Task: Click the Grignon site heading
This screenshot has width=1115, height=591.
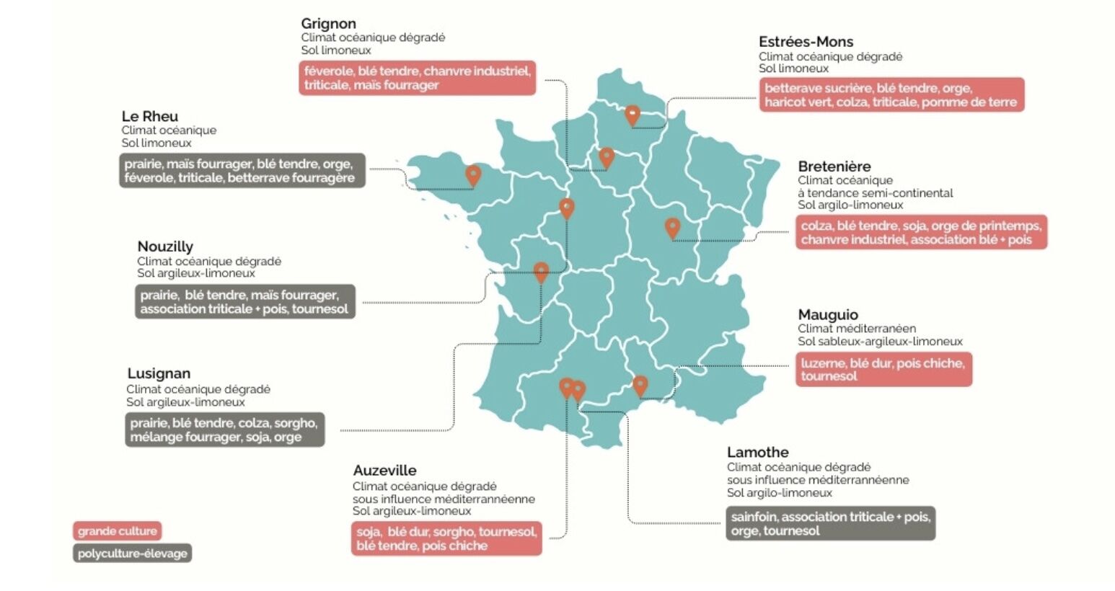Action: tap(328, 24)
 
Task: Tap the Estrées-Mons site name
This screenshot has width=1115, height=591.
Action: tap(806, 42)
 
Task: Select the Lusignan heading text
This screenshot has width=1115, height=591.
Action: tap(159, 373)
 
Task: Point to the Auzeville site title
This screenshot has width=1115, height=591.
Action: tap(384, 471)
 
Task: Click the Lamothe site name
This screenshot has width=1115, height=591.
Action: tap(757, 453)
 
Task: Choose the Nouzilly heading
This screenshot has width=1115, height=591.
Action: tap(165, 246)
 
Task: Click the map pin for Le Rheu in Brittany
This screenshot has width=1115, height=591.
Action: tap(473, 174)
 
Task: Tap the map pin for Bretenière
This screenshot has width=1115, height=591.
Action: tap(672, 228)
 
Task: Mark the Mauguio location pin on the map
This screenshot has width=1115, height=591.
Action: tap(640, 385)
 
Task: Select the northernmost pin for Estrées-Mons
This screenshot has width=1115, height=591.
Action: tap(632, 115)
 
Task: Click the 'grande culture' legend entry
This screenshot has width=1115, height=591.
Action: tap(117, 531)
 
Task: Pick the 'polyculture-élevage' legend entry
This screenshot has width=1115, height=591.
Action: tap(132, 554)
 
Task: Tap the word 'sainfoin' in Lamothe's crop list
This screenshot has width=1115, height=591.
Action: tap(754, 517)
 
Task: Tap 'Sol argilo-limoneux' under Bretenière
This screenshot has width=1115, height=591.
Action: tap(850, 205)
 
